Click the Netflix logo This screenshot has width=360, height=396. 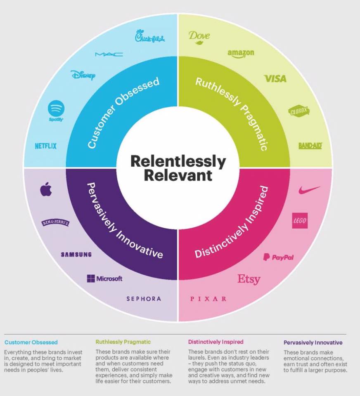[x=46, y=146]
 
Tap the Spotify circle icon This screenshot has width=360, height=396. [x=56, y=108]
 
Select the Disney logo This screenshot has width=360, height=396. [x=83, y=75]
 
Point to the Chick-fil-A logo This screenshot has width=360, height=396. [x=150, y=37]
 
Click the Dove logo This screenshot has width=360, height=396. [x=199, y=36]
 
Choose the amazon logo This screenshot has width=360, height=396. [x=241, y=53]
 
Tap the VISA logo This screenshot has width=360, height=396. [x=275, y=78]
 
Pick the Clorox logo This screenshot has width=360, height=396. [x=299, y=111]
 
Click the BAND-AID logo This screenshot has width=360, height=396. [x=310, y=146]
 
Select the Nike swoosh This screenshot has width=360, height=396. [x=309, y=190]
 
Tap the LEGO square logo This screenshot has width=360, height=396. [x=299, y=221]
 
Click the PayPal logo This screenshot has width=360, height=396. [x=278, y=257]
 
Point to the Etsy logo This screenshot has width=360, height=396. [x=249, y=279]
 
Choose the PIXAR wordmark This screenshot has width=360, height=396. [x=208, y=299]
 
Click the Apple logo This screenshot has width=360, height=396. [x=46, y=190]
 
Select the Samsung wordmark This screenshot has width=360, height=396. [x=76, y=255]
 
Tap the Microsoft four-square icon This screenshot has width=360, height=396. [x=91, y=279]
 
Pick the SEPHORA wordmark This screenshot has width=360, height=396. [x=144, y=299]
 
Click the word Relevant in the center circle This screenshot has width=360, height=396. [x=178, y=175]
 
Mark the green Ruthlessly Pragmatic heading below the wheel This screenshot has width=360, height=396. [x=123, y=342]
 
